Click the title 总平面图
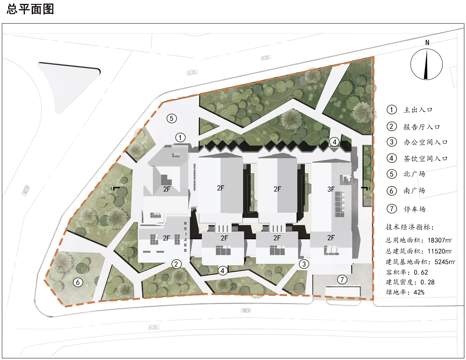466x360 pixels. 30,9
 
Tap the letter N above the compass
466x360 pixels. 427,43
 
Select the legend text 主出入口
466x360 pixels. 418,110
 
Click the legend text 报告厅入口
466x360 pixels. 422,127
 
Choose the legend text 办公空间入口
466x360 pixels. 426,142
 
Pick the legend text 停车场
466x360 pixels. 415,209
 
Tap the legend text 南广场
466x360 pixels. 414,191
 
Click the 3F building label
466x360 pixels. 331,189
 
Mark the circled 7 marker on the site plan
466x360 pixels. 342,279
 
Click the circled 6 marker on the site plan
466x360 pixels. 78,282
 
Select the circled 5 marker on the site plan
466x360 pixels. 172,118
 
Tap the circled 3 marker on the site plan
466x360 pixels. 304,264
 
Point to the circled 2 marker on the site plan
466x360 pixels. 176,264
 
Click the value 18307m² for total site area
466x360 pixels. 440,240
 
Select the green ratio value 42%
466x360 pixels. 419,292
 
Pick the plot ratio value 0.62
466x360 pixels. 421,272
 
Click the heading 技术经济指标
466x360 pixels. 409,227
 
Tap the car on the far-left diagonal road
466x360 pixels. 26,190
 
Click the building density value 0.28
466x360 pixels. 427,282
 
